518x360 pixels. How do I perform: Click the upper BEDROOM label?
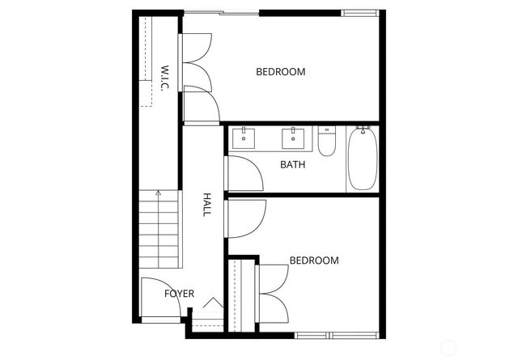(x=281, y=72)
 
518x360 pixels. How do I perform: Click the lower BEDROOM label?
(x=314, y=260)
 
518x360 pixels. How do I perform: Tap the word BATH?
(x=292, y=165)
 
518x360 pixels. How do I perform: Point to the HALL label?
(x=207, y=204)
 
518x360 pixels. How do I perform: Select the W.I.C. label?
(x=163, y=78)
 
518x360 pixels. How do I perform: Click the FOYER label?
(x=179, y=294)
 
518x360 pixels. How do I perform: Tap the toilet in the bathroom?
(x=327, y=142)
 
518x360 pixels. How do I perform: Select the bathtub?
(x=362, y=159)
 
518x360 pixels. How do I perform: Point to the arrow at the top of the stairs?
(x=159, y=194)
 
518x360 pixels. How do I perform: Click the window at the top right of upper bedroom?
(x=361, y=13)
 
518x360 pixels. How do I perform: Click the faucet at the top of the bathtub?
(x=363, y=128)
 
